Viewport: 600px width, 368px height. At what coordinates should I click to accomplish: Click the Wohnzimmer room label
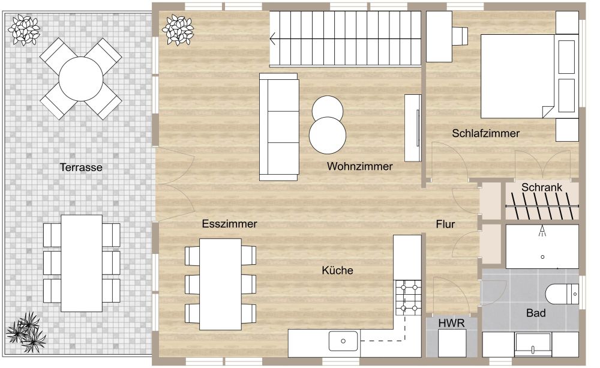359,166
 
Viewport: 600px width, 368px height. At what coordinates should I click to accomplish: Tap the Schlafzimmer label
486,133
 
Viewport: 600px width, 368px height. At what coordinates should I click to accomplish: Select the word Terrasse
81,167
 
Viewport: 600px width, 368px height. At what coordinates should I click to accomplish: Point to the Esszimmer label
229,224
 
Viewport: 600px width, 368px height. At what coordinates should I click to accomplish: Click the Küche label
337,271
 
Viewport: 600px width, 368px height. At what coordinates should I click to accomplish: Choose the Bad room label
536,313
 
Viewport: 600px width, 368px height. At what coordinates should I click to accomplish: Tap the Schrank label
541,187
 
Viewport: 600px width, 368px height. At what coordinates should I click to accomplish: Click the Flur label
445,225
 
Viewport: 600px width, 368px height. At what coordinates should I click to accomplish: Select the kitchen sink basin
343,340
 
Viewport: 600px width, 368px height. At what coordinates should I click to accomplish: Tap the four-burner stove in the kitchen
409,298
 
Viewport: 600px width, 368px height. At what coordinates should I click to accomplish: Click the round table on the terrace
81,79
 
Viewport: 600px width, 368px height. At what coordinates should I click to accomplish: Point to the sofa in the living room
278,127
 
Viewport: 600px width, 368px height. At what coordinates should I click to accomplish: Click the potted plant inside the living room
179,29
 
